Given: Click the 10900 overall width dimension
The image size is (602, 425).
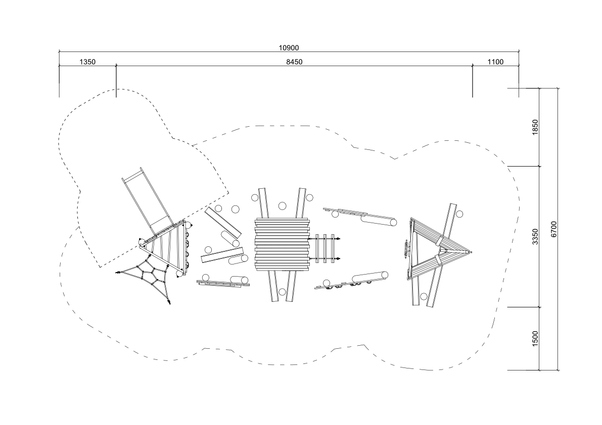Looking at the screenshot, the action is [289, 48].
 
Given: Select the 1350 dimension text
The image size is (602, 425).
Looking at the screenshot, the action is [87, 62].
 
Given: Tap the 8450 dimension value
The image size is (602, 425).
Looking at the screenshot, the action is [294, 62].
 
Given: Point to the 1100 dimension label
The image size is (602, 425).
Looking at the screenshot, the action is [495, 62].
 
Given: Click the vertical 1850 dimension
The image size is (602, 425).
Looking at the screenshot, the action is [536, 127].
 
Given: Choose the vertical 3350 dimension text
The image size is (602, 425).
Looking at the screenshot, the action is [536, 236].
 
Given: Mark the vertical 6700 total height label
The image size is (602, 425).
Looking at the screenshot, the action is [553, 229].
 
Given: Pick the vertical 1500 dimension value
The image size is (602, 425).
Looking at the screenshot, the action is [536, 338].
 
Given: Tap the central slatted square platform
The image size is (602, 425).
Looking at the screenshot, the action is [282, 244].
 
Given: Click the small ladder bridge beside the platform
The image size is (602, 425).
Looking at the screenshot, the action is [325, 248].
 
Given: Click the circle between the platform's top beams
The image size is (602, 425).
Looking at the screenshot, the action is [282, 206].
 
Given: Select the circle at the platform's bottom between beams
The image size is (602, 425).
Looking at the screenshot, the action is [282, 292].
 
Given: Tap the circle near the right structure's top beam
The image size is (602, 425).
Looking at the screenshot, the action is [459, 214].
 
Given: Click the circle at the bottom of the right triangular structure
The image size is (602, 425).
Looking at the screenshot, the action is [424, 296].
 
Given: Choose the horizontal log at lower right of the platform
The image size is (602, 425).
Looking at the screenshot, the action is [370, 278].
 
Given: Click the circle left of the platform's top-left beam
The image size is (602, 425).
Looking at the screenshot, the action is [255, 198].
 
